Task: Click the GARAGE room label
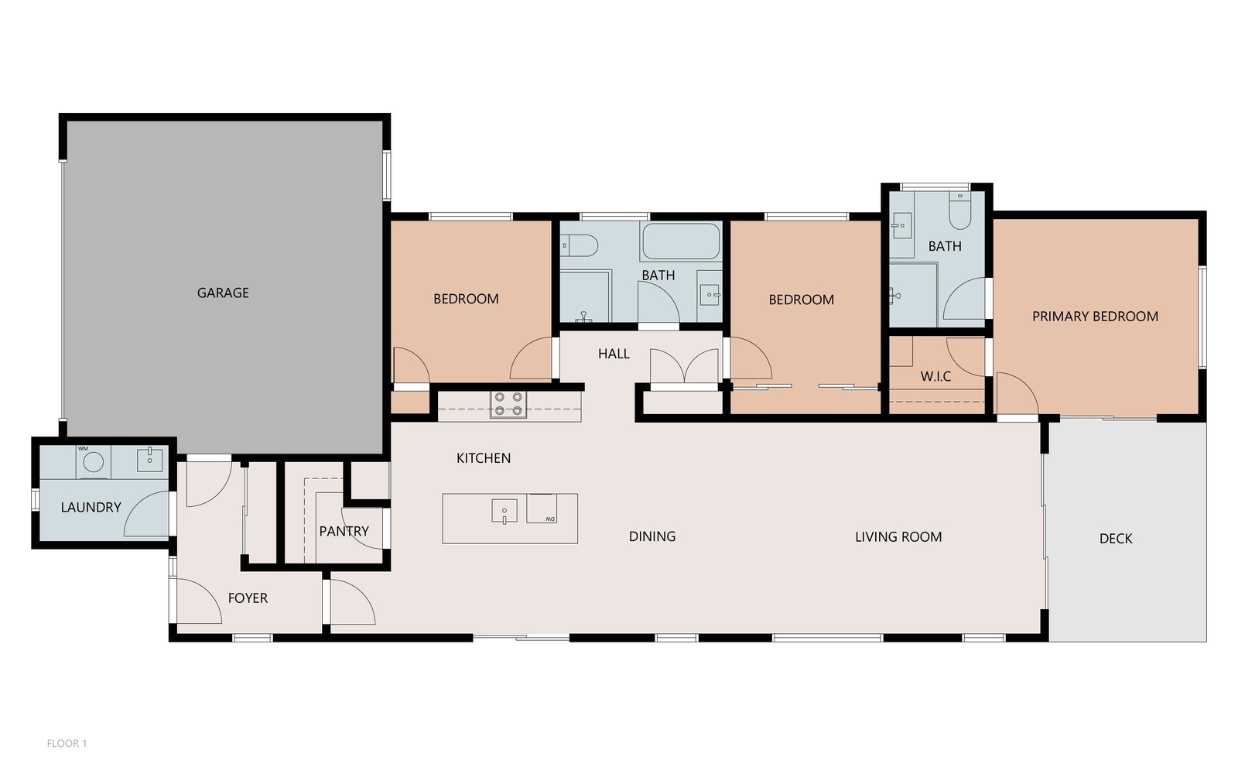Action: (223, 293)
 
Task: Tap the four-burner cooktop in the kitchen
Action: (508, 404)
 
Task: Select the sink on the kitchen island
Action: (504, 511)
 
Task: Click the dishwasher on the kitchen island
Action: (542, 508)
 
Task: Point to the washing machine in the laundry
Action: (94, 462)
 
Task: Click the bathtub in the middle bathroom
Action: (681, 241)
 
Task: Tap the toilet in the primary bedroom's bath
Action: (960, 210)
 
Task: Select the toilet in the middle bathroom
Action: (580, 245)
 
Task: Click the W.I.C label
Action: (935, 376)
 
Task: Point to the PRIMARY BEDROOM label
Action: (1095, 317)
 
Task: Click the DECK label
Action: (1116, 539)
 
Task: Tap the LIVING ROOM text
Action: (898, 537)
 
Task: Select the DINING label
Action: (652, 536)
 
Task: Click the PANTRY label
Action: (344, 531)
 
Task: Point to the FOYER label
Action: (248, 598)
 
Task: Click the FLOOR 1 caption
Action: (67, 744)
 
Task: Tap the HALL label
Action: (614, 354)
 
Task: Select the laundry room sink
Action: (150, 460)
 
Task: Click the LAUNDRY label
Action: (91, 508)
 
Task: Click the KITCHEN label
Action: (484, 458)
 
